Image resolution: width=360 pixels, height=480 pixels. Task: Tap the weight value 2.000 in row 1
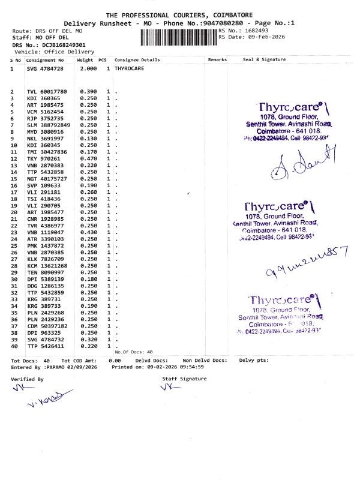pyautogui.click(x=88, y=69)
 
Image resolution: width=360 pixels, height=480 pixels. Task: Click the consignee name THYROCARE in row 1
pyautogui.click(x=128, y=69)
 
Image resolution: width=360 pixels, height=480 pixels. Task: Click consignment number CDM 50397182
pyautogui.click(x=47, y=326)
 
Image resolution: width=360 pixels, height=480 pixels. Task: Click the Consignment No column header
pyautogui.click(x=45, y=60)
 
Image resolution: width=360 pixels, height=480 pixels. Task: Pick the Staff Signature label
pyautogui.click(x=184, y=379)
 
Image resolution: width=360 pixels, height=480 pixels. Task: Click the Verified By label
pyautogui.click(x=27, y=379)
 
